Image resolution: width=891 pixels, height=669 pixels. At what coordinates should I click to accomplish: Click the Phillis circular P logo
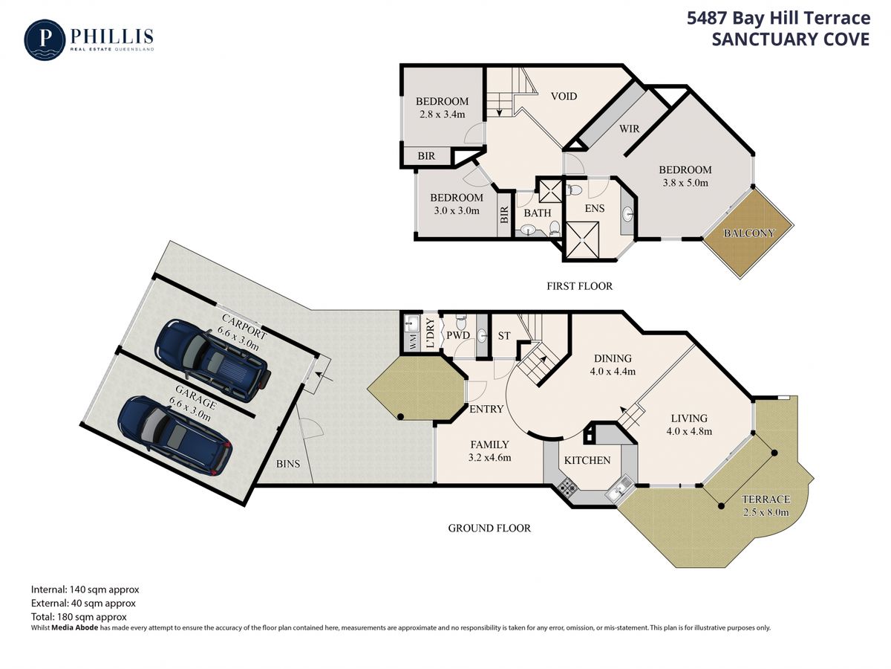click(45, 40)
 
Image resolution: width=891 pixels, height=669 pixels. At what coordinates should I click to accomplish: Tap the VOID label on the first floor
click(564, 97)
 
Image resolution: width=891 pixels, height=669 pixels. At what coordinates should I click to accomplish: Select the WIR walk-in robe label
click(629, 129)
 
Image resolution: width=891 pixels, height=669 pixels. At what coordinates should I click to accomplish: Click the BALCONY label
click(749, 233)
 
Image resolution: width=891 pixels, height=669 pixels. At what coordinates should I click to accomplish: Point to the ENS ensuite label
click(595, 208)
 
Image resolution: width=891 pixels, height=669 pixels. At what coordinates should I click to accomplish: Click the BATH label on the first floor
click(537, 213)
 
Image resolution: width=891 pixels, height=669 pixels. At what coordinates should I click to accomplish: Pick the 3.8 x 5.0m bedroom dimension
click(685, 183)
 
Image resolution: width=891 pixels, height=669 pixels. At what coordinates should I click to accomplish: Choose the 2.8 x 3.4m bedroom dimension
click(442, 114)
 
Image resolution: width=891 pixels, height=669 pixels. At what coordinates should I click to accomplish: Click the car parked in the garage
click(174, 435)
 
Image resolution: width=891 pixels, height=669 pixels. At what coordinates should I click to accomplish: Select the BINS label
click(288, 463)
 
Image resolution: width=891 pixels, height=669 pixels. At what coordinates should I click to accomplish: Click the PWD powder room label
click(458, 335)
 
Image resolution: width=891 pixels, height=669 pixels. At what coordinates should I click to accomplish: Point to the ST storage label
click(503, 336)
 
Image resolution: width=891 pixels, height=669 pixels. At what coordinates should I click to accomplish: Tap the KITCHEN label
click(587, 460)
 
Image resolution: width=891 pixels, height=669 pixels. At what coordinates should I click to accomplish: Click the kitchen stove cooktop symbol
click(567, 486)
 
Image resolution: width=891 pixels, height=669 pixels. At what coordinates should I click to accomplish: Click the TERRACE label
click(766, 500)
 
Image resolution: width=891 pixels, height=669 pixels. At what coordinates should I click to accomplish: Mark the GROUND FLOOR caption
click(489, 528)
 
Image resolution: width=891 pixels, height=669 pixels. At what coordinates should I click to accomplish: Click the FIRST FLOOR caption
click(579, 286)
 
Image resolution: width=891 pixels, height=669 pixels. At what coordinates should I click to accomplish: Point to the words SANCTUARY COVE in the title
click(791, 39)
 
